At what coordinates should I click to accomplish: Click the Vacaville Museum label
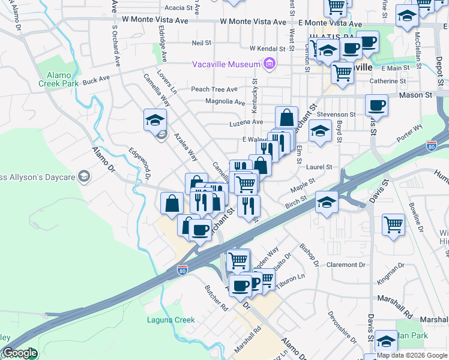226,64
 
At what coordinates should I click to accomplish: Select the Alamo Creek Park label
59,80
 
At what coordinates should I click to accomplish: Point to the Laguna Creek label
171,320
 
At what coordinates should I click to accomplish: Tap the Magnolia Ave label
225,101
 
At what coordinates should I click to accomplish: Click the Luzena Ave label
247,122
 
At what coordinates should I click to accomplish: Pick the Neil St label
202,43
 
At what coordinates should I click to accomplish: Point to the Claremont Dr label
346,265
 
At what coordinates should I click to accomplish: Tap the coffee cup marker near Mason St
376,106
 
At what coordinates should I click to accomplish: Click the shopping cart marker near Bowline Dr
393,224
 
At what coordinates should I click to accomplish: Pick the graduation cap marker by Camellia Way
155,119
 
